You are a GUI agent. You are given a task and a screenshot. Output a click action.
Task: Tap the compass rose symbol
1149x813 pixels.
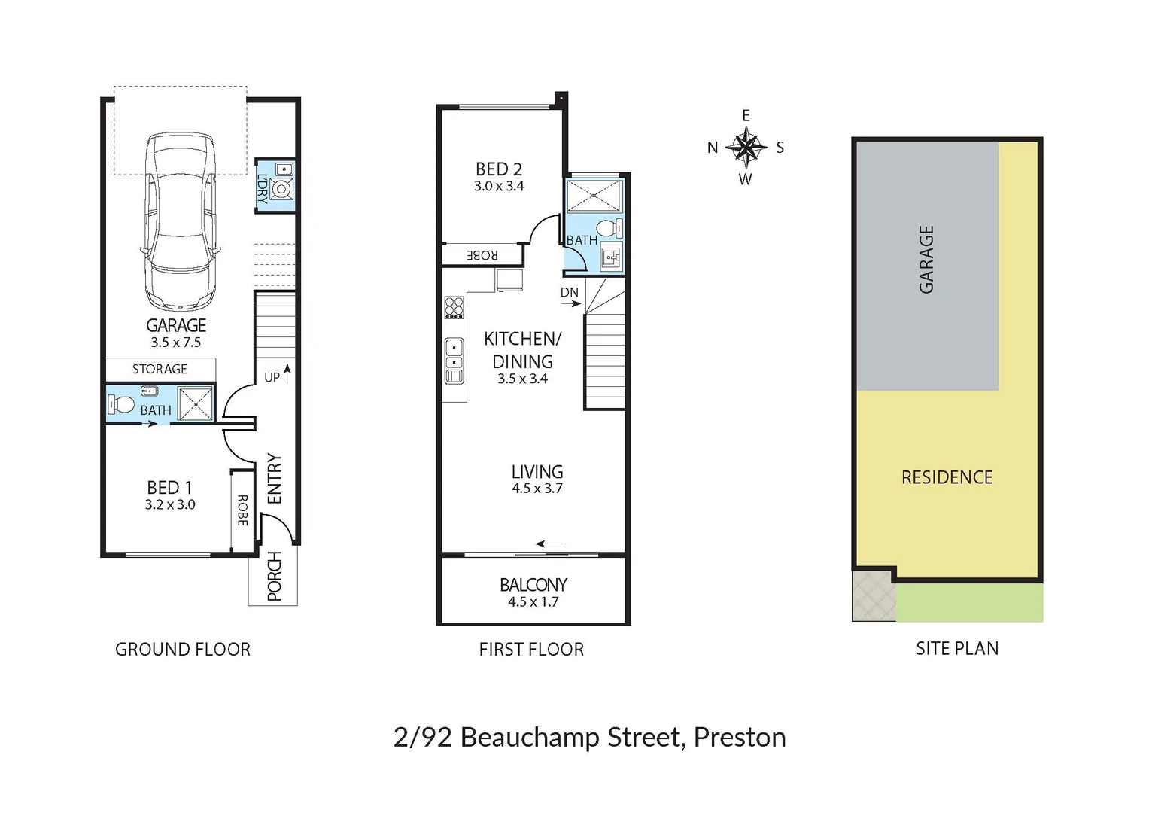click(x=746, y=148)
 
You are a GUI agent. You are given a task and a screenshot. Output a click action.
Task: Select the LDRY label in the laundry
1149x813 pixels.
click(x=263, y=189)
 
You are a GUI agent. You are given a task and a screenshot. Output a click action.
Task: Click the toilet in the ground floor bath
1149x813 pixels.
click(x=120, y=405)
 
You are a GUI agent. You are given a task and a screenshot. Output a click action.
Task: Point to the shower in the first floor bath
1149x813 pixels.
click(x=594, y=195)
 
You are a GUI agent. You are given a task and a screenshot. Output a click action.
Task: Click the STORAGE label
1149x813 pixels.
click(x=160, y=369)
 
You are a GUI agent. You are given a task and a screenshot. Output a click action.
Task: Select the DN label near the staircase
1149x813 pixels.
click(x=570, y=292)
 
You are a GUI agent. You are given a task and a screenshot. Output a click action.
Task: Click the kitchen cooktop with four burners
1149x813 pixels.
click(x=454, y=307)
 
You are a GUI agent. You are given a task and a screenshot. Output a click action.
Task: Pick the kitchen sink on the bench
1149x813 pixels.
click(x=454, y=354)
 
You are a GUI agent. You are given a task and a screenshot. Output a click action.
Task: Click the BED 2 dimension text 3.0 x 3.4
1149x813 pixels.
click(x=499, y=186)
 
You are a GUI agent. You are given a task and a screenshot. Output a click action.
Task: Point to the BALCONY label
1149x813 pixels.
click(x=533, y=585)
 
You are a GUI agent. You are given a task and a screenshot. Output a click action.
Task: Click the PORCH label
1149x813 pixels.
click(x=274, y=577)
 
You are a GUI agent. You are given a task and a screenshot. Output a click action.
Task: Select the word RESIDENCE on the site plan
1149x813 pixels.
click(x=947, y=477)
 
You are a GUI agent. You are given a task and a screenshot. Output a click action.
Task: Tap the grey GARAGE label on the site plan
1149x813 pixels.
click(x=926, y=259)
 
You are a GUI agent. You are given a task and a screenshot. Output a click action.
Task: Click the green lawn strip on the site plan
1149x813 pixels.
click(x=969, y=603)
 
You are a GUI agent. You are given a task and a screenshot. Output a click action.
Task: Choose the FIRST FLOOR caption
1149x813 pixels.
click(x=531, y=649)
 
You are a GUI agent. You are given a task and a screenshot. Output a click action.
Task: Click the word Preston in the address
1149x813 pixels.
click(x=740, y=737)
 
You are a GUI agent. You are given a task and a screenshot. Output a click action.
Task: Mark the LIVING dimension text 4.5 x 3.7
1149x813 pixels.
click(x=537, y=488)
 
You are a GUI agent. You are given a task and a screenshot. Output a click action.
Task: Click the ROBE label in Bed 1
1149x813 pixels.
click(x=242, y=510)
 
